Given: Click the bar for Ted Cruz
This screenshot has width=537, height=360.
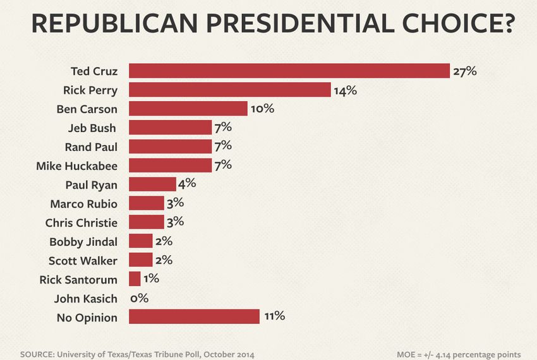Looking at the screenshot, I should coord(289,71).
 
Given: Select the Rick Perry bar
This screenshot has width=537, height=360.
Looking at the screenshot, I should coord(229,90).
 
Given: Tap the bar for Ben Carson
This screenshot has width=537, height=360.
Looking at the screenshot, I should coord(188,109).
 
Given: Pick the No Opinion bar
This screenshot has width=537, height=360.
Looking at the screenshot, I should coord(194,316).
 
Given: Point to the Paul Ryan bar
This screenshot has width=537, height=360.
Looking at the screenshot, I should coord(152,184).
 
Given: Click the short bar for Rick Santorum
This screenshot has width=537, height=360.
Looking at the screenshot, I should coord(135,279).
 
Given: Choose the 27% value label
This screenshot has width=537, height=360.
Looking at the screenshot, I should coord(464,71).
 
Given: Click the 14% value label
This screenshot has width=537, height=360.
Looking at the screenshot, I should coord(345,90).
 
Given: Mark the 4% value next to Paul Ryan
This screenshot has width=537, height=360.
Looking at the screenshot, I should coord(188,184).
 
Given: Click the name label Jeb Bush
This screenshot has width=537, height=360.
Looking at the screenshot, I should coord(92,128).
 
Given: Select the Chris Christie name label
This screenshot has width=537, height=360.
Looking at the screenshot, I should coord(81,222).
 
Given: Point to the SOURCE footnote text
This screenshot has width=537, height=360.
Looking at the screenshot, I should coord(137,354).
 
